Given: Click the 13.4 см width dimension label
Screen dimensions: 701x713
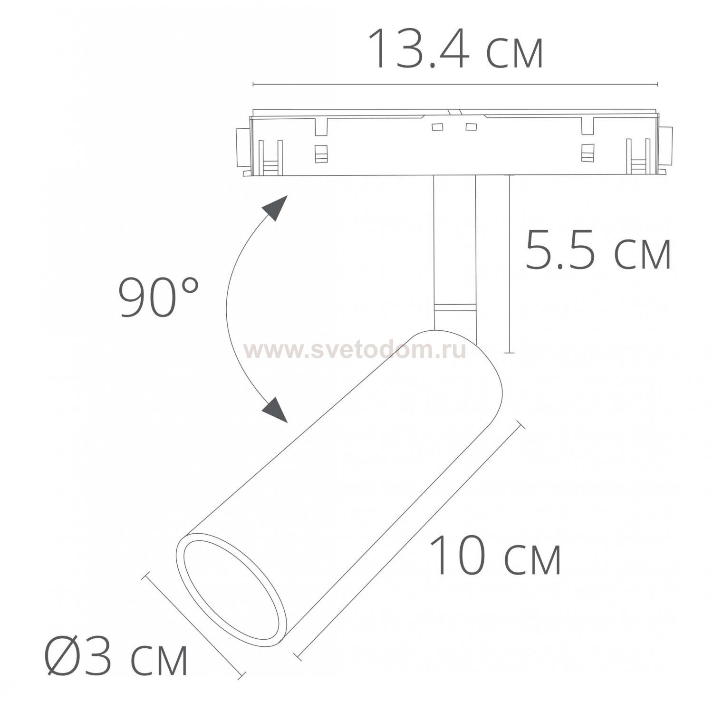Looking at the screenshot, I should coord(455,49).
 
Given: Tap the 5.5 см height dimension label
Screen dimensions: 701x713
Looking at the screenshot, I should coord(597,250).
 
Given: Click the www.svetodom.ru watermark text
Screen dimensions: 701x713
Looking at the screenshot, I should coord(354,350).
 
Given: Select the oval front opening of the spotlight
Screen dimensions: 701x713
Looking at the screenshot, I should coord(232,590).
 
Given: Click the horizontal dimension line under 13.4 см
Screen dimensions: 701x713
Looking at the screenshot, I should coord(455,85).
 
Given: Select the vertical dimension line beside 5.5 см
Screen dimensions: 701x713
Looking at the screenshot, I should coord(509,264).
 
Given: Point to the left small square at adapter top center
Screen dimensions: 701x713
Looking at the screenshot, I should coord(437,127).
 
